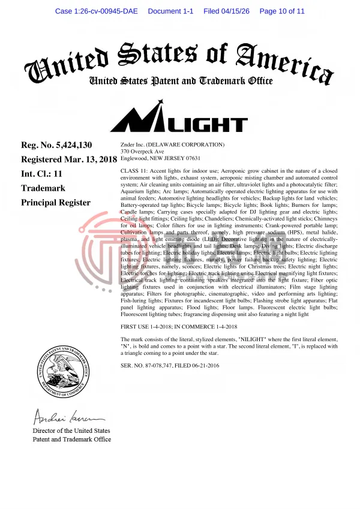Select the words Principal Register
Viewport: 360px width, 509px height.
coord(56,203)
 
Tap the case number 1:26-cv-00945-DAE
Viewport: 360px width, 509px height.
coord(96,11)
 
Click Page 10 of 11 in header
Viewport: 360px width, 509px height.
coord(282,11)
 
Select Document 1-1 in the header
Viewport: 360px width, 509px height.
coord(170,11)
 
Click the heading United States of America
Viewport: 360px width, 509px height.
coord(180,60)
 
